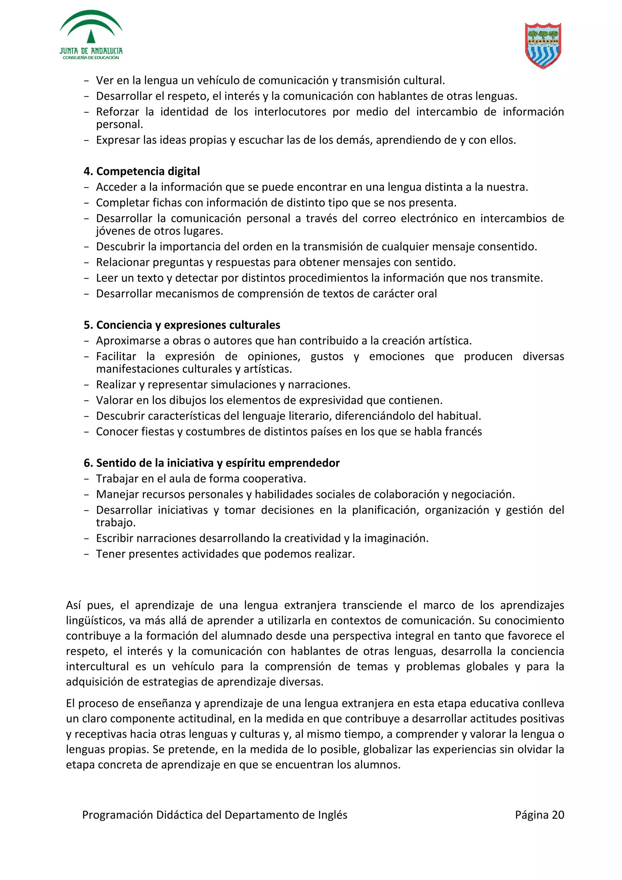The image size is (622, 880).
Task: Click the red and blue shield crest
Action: coord(543,45)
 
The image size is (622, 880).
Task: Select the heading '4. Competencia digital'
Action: coord(142,171)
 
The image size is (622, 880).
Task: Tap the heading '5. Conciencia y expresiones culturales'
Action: coord(182,325)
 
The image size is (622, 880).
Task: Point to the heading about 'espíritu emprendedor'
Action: coord(212,463)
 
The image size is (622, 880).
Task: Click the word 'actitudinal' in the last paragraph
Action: coord(201,719)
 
